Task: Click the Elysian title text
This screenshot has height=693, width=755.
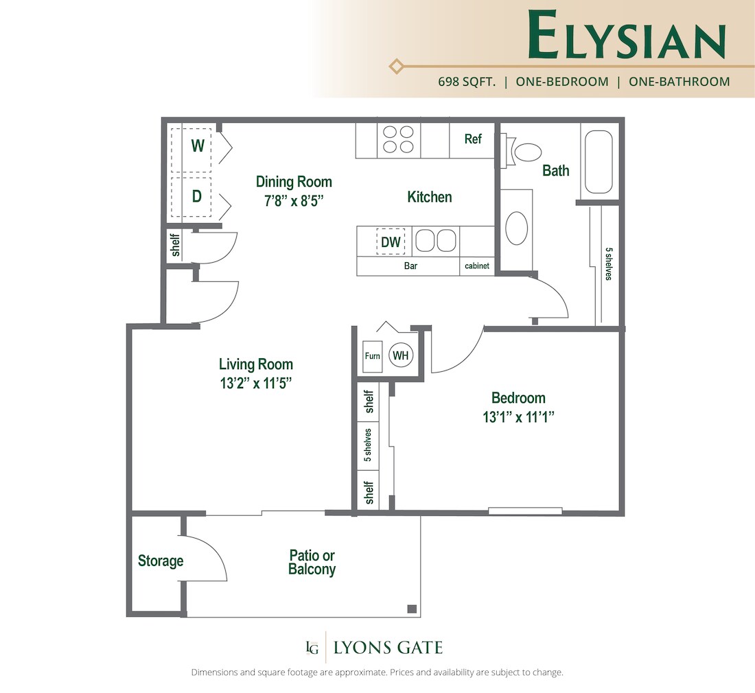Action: coord(627,34)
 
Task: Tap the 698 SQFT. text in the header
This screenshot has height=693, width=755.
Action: coord(467,82)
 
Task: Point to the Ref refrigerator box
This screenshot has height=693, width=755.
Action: coord(472,139)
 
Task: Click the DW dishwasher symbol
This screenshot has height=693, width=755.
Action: coord(391,242)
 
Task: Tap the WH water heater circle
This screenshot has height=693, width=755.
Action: coord(401,355)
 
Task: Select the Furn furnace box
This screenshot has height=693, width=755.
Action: coord(372,357)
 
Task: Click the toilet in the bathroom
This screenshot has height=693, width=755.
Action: coord(524,151)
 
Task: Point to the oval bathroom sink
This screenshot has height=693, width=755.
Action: coord(516,226)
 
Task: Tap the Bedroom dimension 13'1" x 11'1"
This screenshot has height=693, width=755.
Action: coord(518,416)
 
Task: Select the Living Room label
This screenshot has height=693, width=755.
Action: coord(255,364)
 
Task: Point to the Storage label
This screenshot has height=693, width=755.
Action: coord(161,561)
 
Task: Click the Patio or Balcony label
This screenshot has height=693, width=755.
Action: coord(312,563)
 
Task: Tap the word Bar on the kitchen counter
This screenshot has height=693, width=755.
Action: coord(410,266)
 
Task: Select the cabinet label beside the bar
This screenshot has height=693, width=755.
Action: coord(477,266)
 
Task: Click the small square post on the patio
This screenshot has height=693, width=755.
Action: coord(411,609)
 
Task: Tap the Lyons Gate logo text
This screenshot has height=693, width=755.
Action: coord(387,647)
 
